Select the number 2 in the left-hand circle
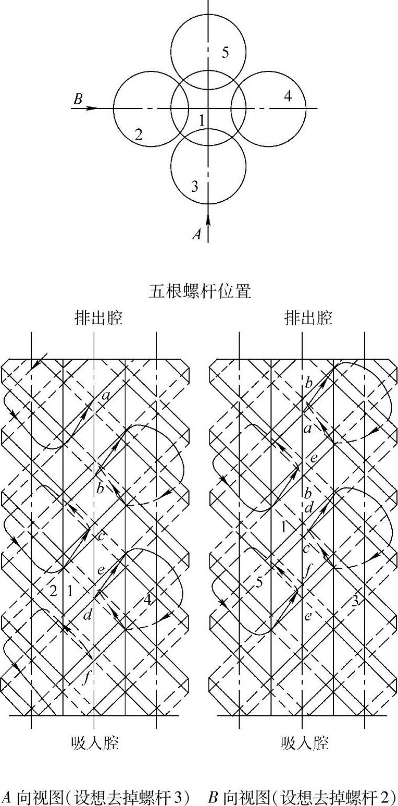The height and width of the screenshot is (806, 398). pyautogui.click(x=139, y=134)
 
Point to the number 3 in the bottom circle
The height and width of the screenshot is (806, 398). pyautogui.click(x=194, y=186)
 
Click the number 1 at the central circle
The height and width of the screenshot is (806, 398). pyautogui.click(x=202, y=120)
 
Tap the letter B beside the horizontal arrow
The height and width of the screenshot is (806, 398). pyautogui.click(x=78, y=99)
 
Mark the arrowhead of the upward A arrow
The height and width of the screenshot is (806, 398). pyautogui.click(x=208, y=219)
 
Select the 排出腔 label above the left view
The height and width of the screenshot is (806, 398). pyautogui.click(x=98, y=317)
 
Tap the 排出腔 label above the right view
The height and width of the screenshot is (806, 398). pyautogui.click(x=308, y=317)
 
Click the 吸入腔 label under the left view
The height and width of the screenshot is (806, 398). pyautogui.click(x=95, y=742)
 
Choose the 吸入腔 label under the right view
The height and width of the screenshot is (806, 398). pyautogui.click(x=305, y=742)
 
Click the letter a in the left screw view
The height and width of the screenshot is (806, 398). pyautogui.click(x=106, y=396)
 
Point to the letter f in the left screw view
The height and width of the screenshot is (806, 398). pyautogui.click(x=86, y=678)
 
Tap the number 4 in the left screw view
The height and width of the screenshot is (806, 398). pyautogui.click(x=148, y=600)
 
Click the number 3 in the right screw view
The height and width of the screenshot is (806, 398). pyautogui.click(x=355, y=601)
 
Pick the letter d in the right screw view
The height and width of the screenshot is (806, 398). pyautogui.click(x=308, y=506)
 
